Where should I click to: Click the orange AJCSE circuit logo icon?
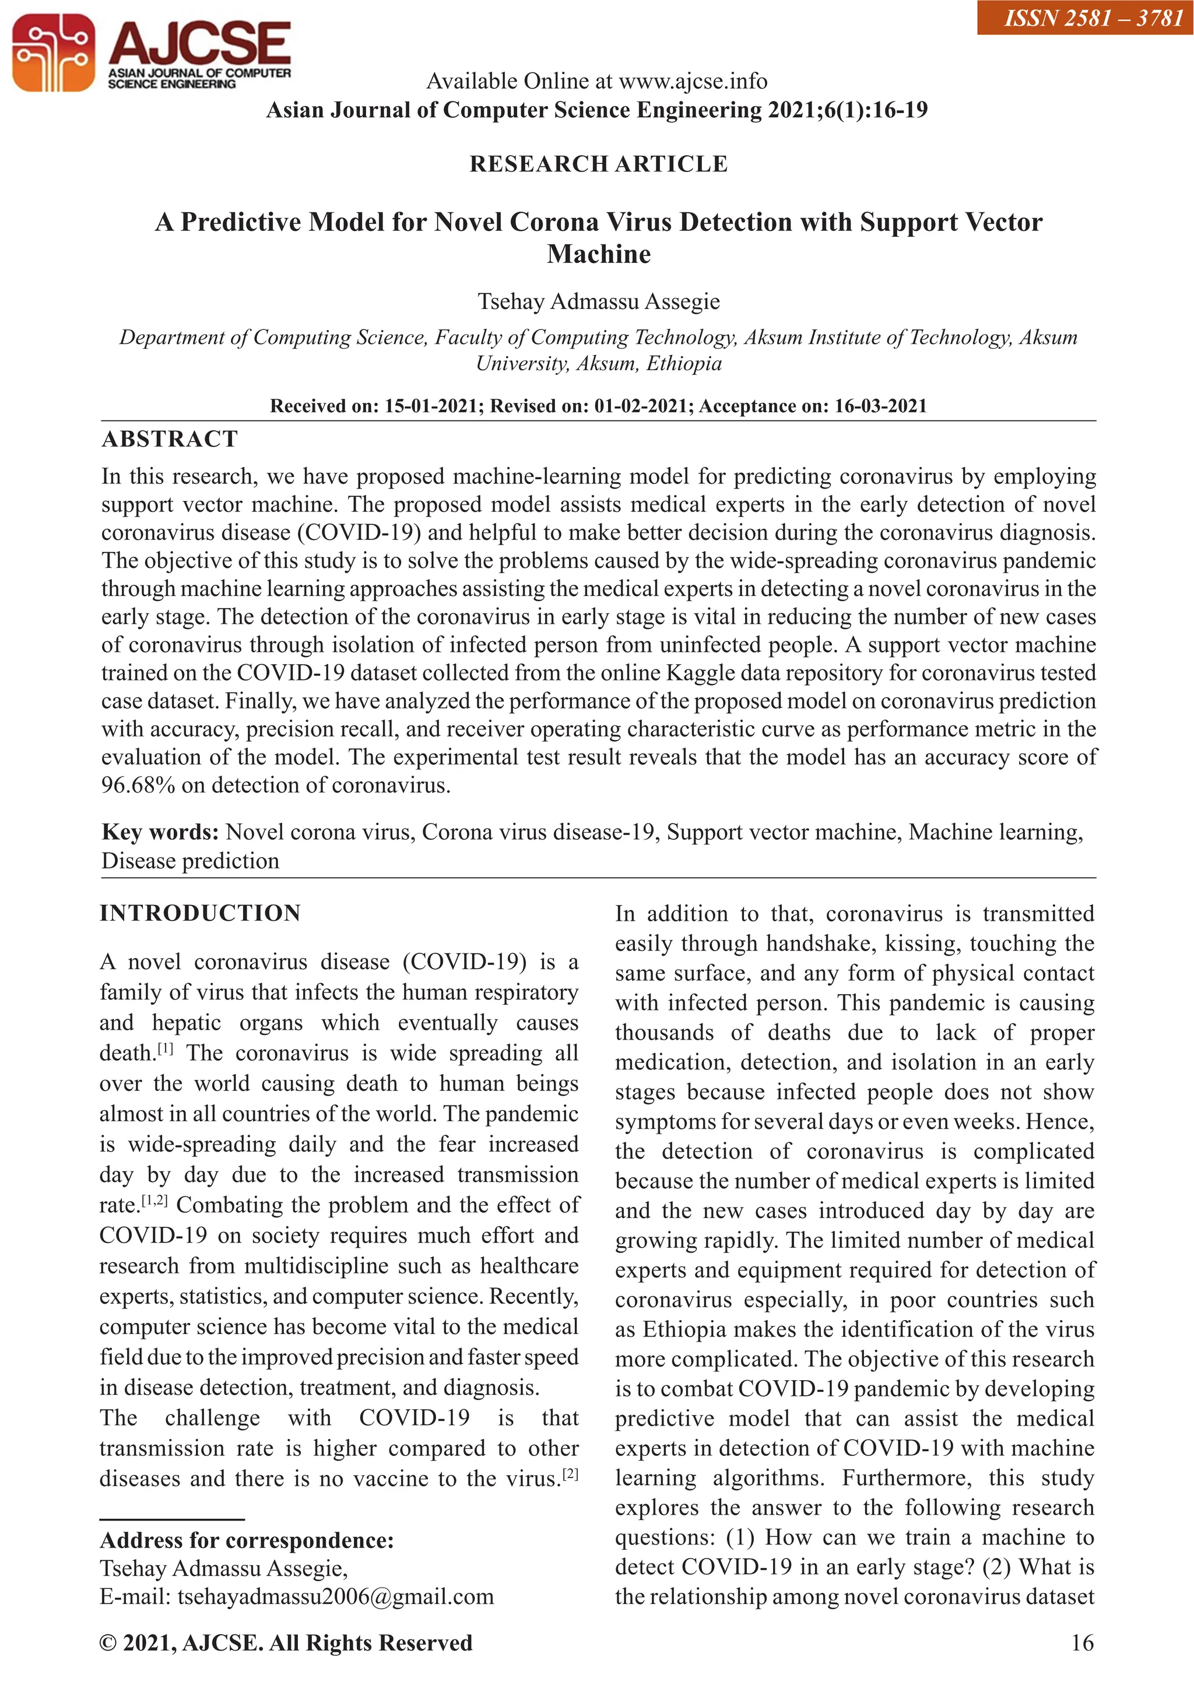pos(54,52)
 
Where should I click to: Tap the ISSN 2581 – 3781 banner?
pos(1084,17)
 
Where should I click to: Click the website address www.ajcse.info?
pos(693,81)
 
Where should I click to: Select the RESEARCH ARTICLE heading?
pos(599,164)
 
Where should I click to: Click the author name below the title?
pos(599,301)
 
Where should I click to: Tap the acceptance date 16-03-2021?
pos(880,406)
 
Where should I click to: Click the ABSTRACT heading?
pos(170,439)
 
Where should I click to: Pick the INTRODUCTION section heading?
pos(200,913)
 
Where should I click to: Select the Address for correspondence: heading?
pos(247,1540)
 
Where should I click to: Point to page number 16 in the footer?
pos(1082,1643)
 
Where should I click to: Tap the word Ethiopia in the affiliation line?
pos(684,363)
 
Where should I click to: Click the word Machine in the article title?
pos(599,254)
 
